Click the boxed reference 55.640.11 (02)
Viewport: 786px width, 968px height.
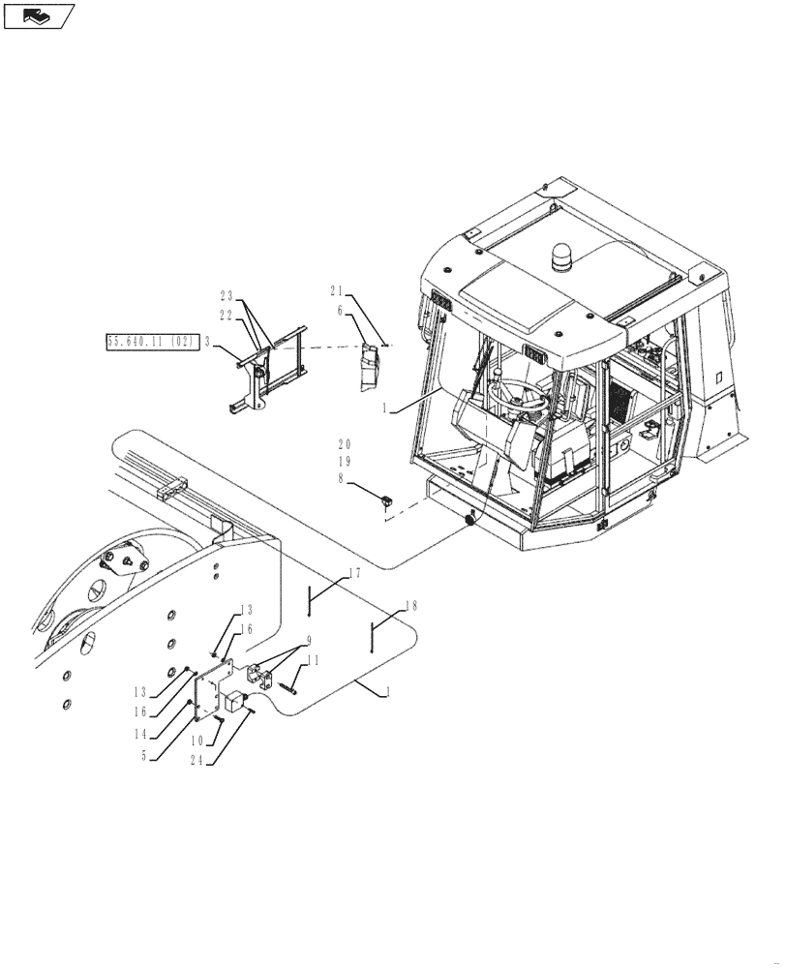click(x=152, y=342)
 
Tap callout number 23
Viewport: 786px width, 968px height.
click(x=227, y=295)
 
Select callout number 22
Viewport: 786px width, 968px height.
click(x=227, y=315)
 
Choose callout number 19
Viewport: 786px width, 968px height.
click(x=346, y=463)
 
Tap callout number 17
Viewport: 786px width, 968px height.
click(x=354, y=573)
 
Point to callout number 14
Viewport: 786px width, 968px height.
click(x=142, y=735)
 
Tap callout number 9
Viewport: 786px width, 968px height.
click(x=309, y=640)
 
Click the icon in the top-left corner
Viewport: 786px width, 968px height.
click(x=38, y=15)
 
